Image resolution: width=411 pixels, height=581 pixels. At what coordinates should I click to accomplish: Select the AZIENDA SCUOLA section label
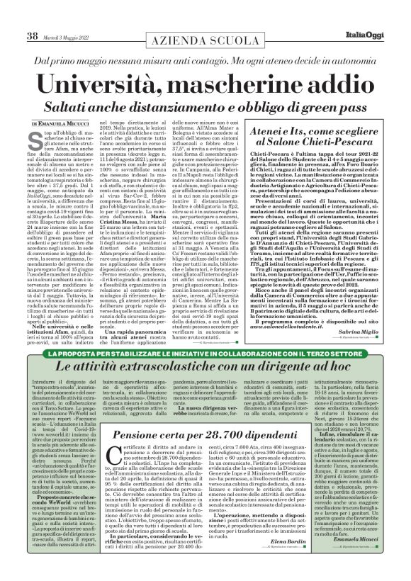tap(205, 22)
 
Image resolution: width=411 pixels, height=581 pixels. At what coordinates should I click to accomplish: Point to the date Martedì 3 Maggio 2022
tap(69, 16)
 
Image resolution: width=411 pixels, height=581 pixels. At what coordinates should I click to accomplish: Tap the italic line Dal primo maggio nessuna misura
tap(205, 45)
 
